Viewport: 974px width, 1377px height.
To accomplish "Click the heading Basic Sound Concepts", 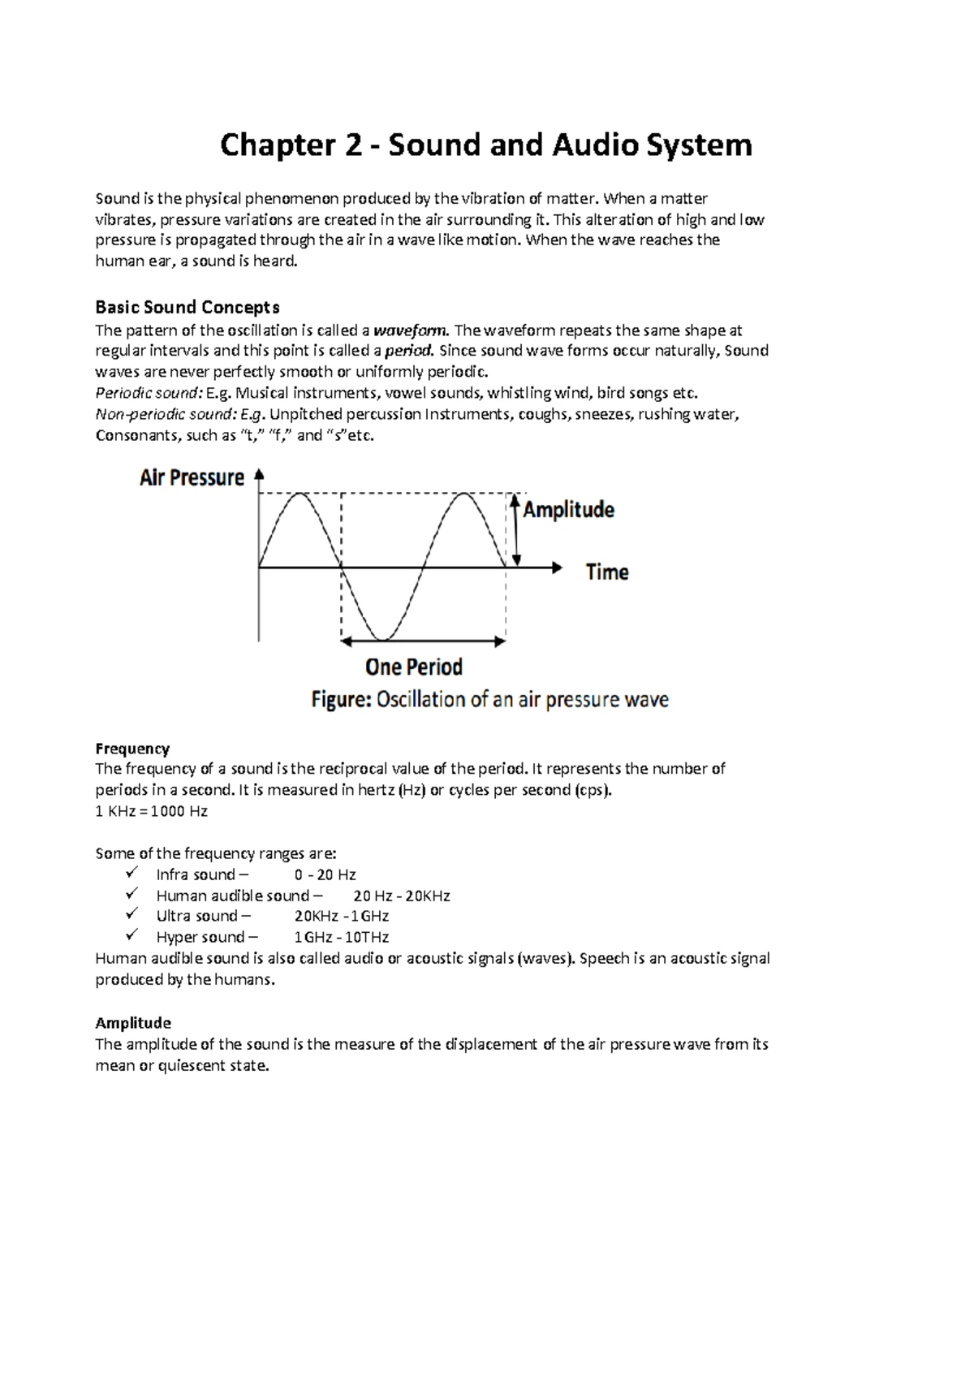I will click(187, 307).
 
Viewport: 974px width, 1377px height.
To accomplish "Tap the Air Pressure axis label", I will click(192, 477).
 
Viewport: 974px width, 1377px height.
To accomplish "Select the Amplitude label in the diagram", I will click(568, 510).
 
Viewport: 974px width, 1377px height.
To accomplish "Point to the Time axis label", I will click(607, 572).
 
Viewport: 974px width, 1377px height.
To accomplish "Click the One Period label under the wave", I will click(414, 667).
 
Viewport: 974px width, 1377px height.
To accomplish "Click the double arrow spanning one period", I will click(423, 641).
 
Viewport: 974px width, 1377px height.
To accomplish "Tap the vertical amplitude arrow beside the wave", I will click(515, 531).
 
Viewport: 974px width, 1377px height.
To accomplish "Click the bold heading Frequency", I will click(132, 749).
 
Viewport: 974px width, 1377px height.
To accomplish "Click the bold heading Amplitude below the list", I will click(133, 1023).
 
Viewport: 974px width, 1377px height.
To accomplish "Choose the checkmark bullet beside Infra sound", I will click(131, 873).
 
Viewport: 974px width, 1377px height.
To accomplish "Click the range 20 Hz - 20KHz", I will click(402, 896).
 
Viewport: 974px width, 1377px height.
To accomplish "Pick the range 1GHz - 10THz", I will click(342, 938).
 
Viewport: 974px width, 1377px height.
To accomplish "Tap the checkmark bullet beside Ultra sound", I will click(131, 915).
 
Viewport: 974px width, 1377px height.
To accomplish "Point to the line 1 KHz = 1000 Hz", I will click(152, 811).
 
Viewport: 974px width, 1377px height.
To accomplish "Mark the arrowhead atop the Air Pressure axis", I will click(259, 475).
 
